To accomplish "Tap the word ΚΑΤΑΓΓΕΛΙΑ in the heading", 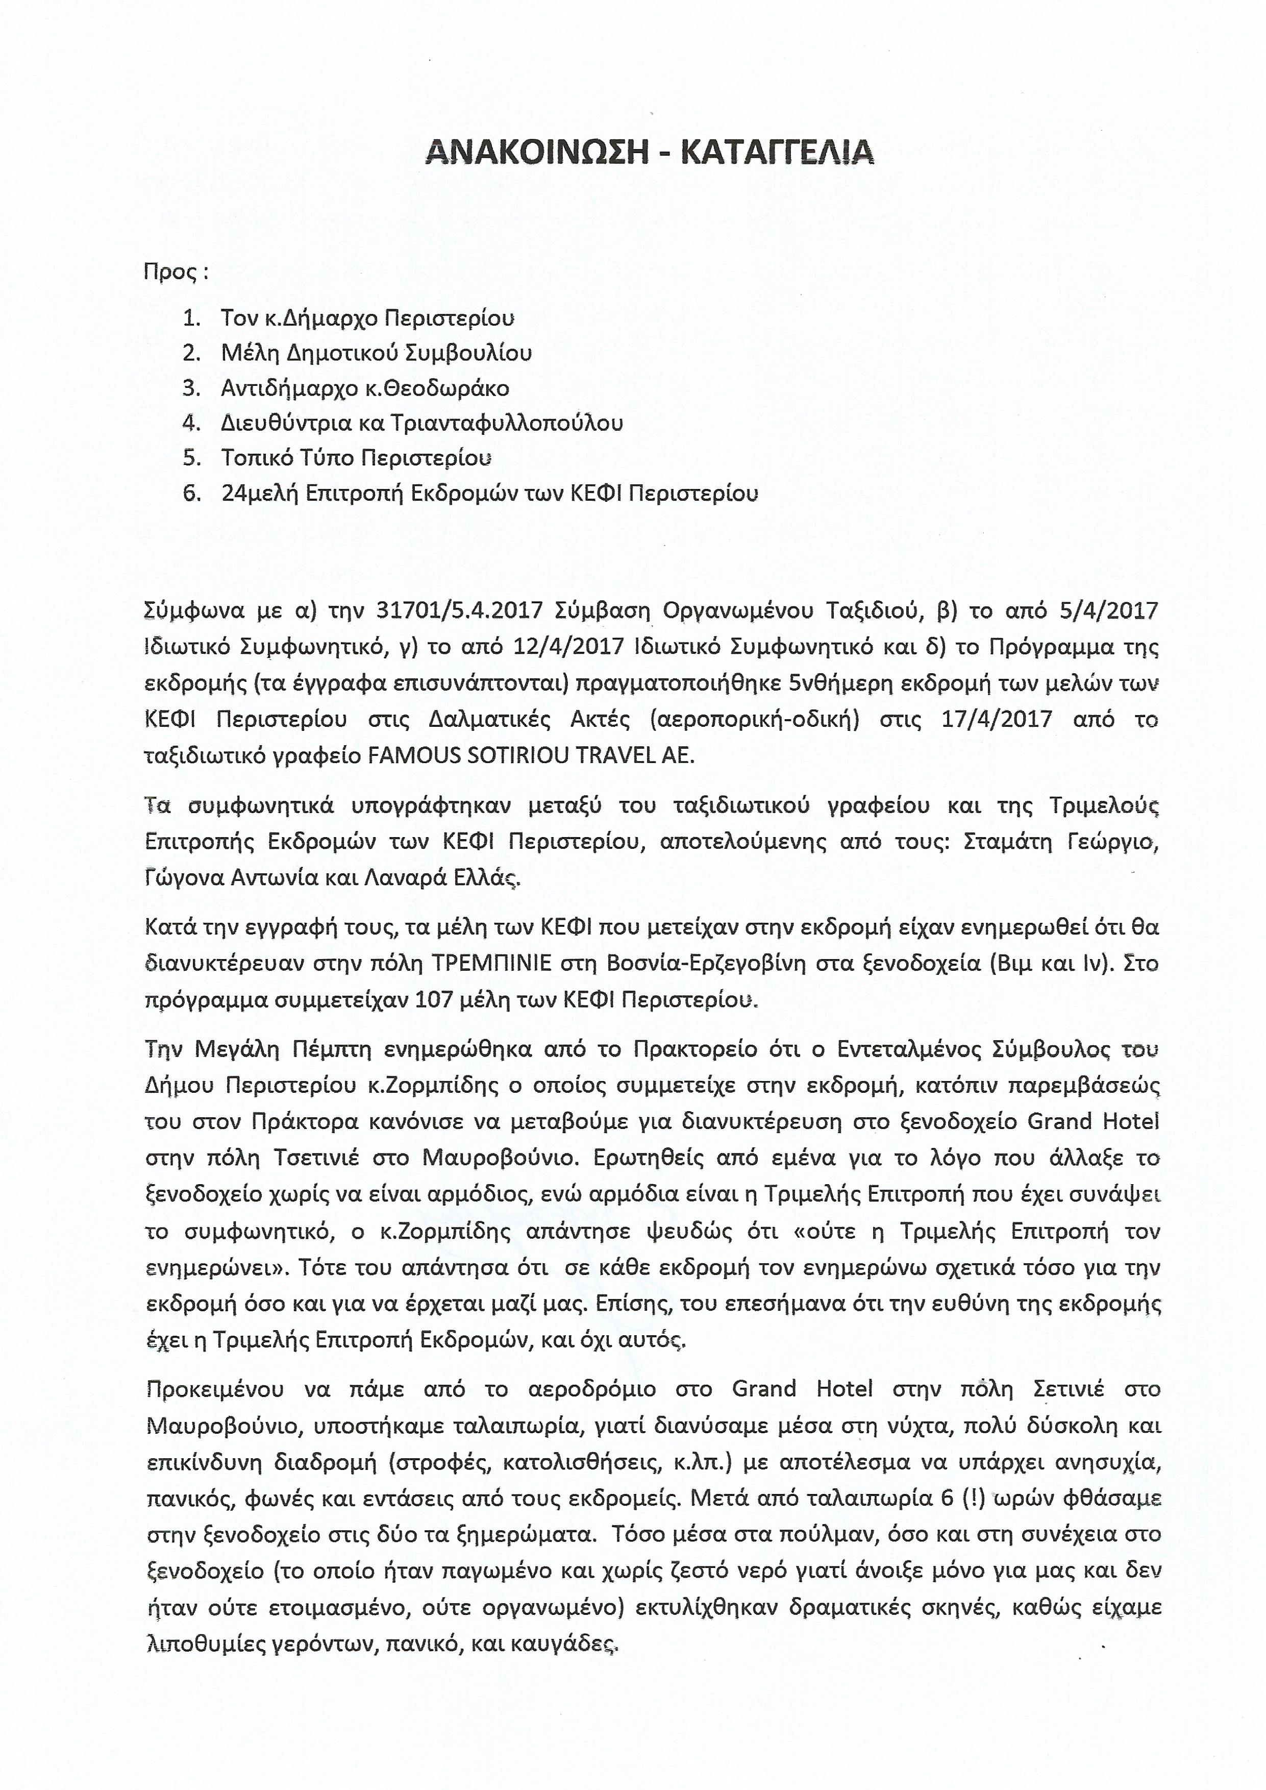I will tap(777, 151).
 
